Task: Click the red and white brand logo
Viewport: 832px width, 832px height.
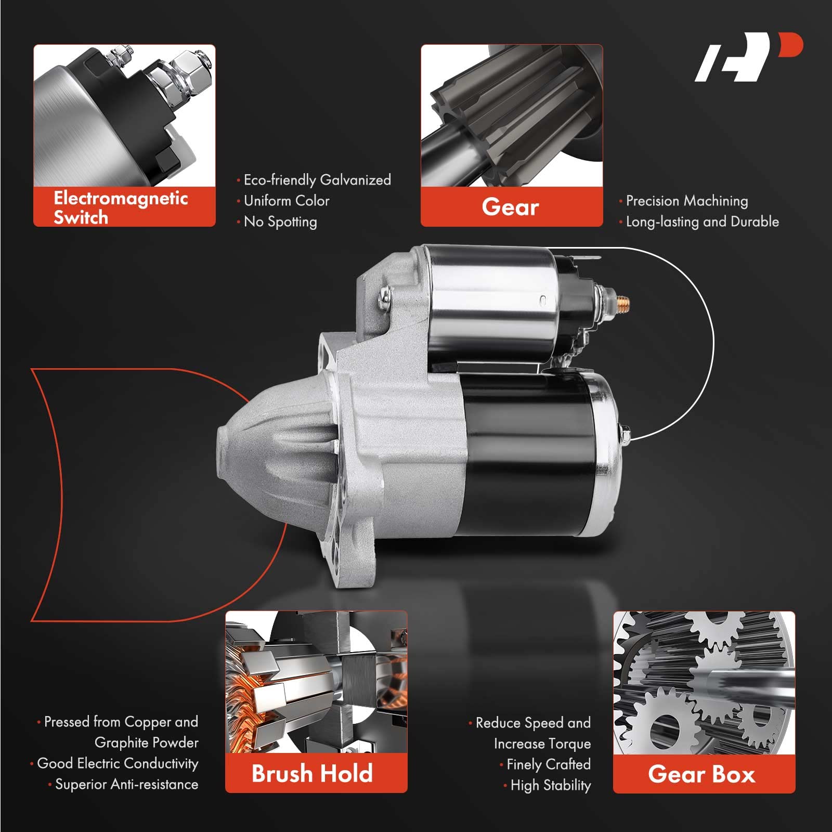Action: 749,57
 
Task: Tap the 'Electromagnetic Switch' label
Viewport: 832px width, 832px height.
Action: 121,207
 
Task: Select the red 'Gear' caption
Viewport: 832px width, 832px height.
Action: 511,207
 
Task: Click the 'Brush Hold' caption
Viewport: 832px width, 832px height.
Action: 313,773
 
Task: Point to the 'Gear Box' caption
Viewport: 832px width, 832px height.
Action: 701,774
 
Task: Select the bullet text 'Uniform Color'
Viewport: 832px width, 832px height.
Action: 287,201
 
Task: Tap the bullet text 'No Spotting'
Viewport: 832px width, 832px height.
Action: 280,222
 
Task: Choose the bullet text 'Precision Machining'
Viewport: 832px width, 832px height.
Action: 687,201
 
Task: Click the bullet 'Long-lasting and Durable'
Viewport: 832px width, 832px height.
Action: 702,222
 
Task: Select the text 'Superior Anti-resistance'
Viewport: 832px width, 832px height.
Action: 126,784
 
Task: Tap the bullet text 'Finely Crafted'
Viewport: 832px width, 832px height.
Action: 548,764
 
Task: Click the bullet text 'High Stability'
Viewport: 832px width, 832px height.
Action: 550,785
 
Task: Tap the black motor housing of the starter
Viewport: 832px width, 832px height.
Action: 525,452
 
